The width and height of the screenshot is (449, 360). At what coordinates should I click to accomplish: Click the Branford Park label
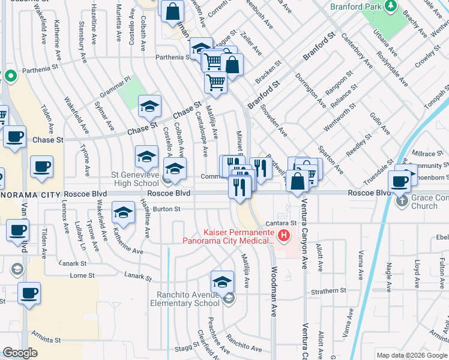pos(355,7)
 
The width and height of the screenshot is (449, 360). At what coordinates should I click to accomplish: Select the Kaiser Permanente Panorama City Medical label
pos(231,236)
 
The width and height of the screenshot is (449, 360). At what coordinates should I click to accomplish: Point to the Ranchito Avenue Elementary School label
pos(188,299)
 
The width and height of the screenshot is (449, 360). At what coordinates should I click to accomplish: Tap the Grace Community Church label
pos(426,202)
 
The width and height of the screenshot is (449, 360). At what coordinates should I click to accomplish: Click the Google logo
pos(20,353)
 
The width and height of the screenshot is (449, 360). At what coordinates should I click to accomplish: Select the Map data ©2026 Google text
pos(411,355)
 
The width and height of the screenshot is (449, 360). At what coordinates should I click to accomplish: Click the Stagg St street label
pos(170,347)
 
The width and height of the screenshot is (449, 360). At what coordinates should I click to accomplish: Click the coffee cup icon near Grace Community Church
pos(399,180)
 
